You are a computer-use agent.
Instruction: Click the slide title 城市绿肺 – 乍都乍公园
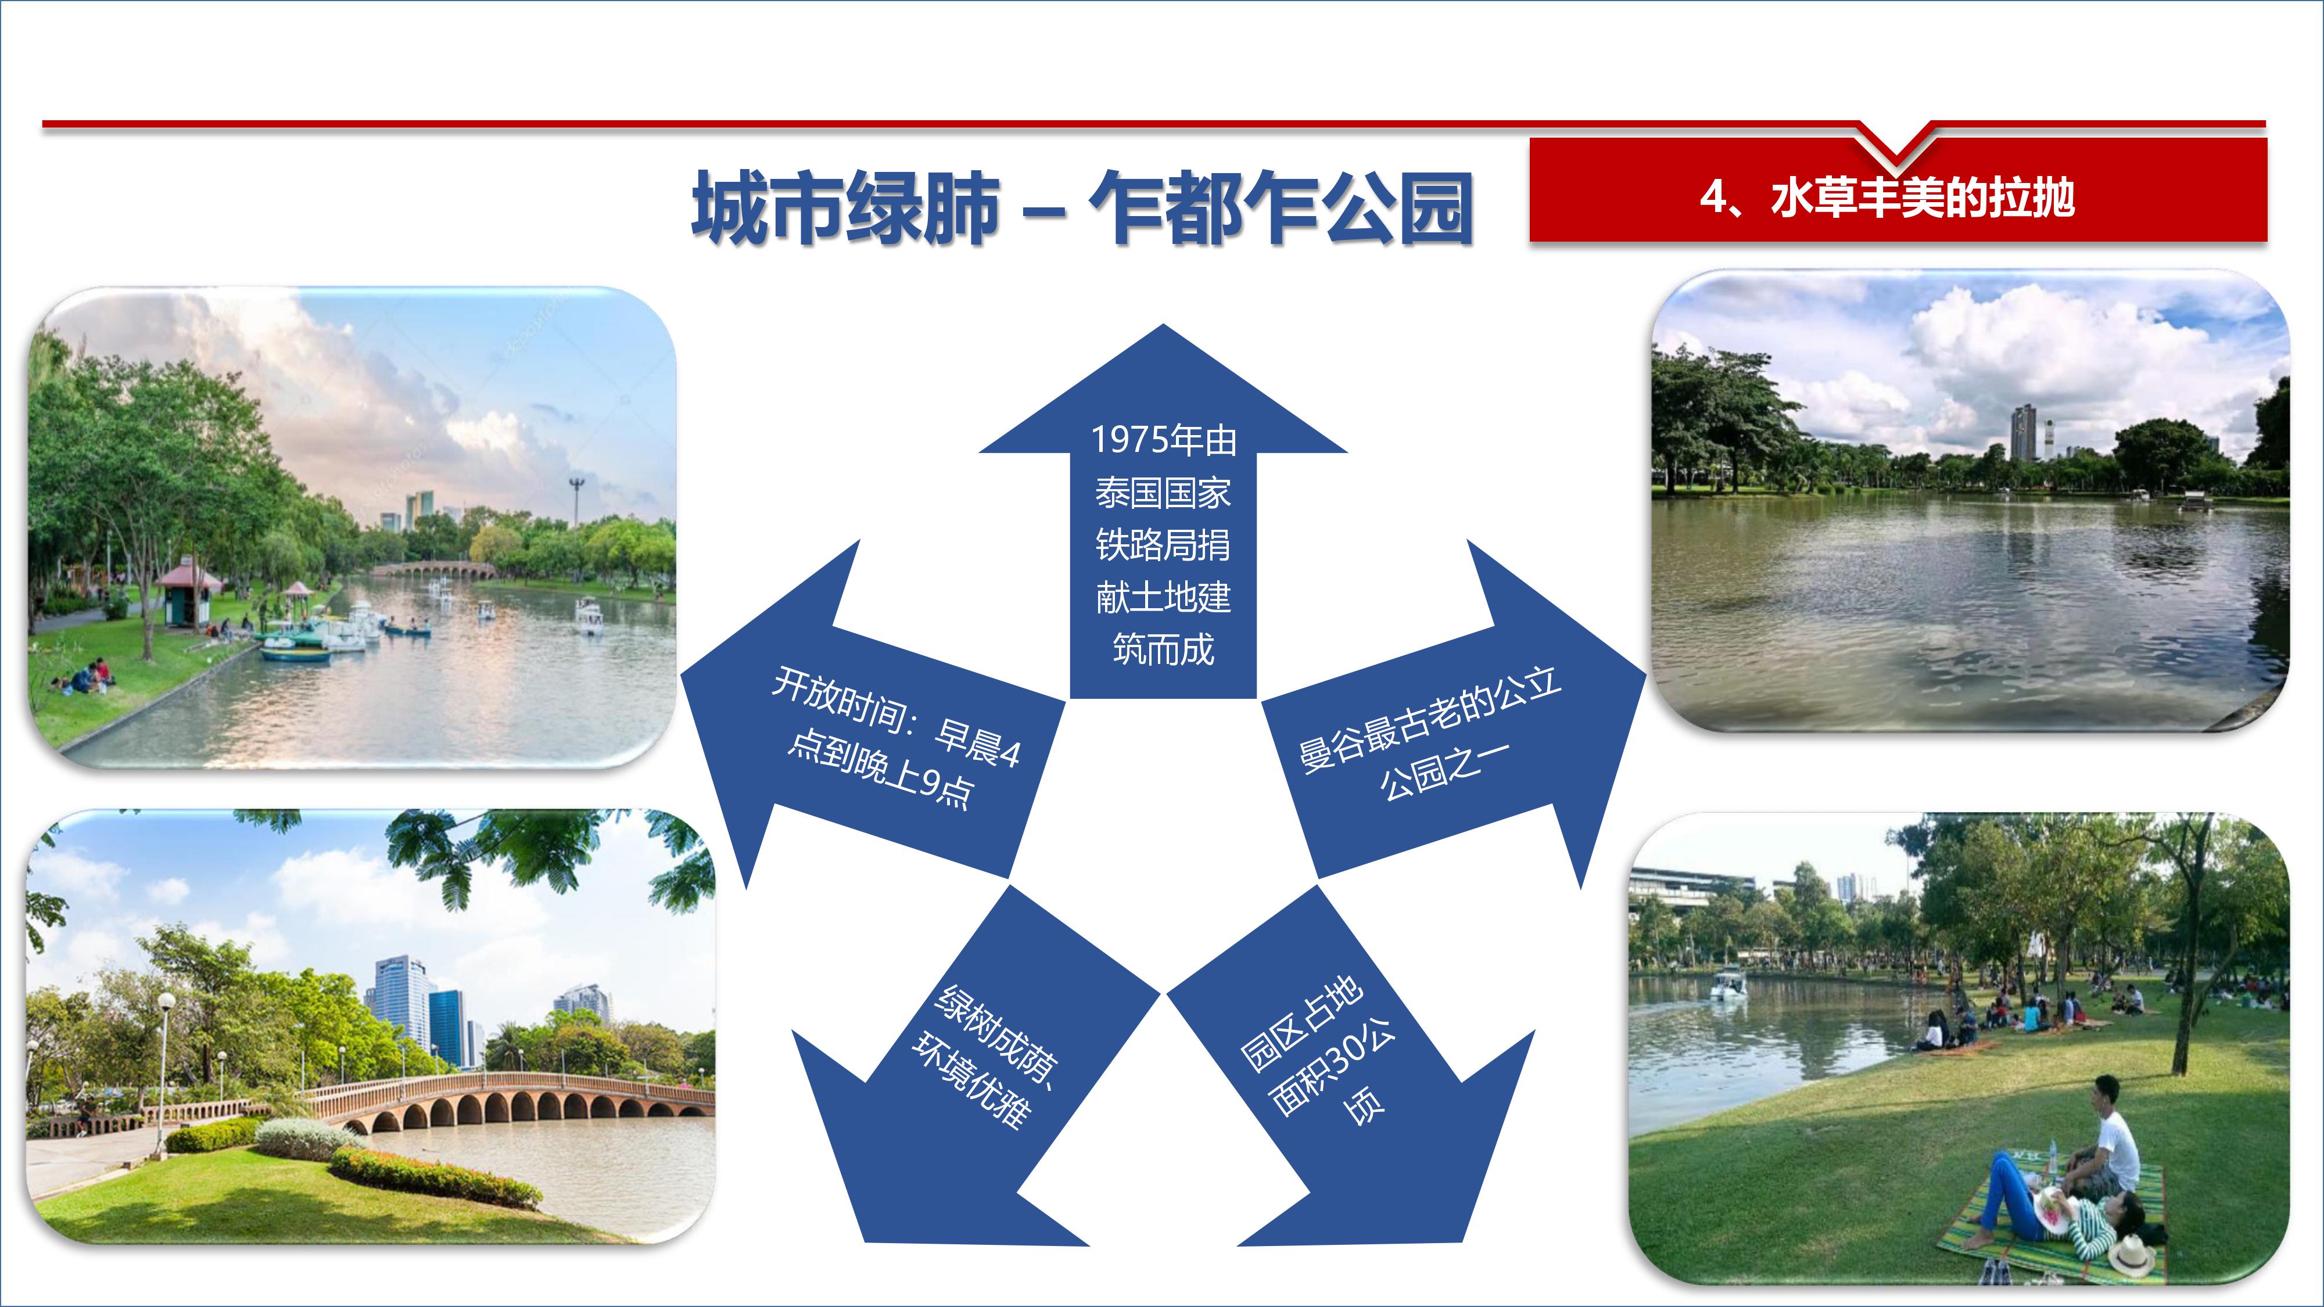coord(1082,209)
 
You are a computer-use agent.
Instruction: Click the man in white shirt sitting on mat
coord(2107,1144)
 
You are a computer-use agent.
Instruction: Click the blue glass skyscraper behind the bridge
coord(447,1028)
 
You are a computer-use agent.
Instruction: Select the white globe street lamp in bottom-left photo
coord(166,1002)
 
